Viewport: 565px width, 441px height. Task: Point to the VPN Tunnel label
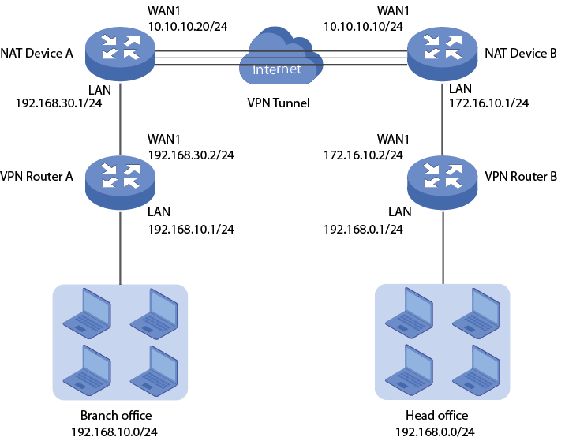click(279, 103)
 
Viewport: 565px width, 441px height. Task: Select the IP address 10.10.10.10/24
click(363, 26)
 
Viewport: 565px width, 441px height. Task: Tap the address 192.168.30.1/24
click(58, 103)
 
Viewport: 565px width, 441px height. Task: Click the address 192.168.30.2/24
click(191, 155)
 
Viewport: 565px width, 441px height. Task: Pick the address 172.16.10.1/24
click(488, 103)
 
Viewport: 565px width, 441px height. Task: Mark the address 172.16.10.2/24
click(364, 155)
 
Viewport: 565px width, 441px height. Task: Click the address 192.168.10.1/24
click(191, 230)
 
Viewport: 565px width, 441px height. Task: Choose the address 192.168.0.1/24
click(364, 230)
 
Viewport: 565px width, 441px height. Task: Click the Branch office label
click(116, 416)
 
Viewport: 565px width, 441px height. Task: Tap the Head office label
click(436, 416)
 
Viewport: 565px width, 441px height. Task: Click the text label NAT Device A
click(37, 54)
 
